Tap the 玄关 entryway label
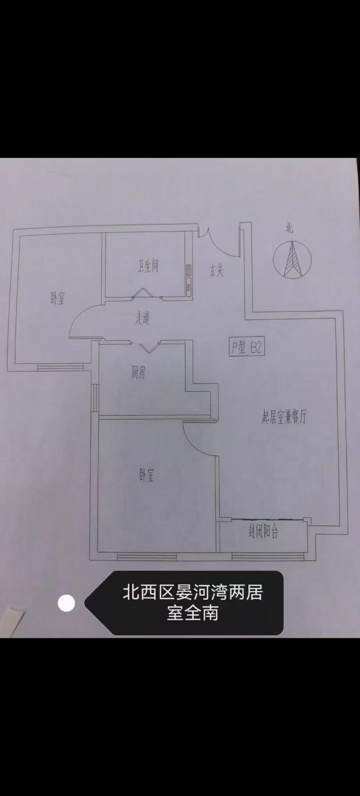216,271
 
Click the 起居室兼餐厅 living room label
284,417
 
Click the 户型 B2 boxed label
247,347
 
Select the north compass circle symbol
292,260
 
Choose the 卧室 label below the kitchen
147,476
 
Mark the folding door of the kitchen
149,347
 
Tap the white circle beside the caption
66,603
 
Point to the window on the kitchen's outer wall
95,398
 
